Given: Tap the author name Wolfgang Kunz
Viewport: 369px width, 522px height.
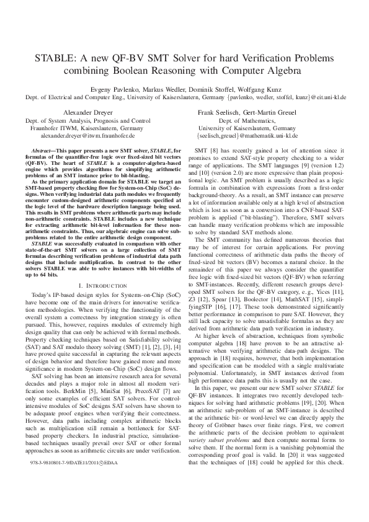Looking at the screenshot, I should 247,88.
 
